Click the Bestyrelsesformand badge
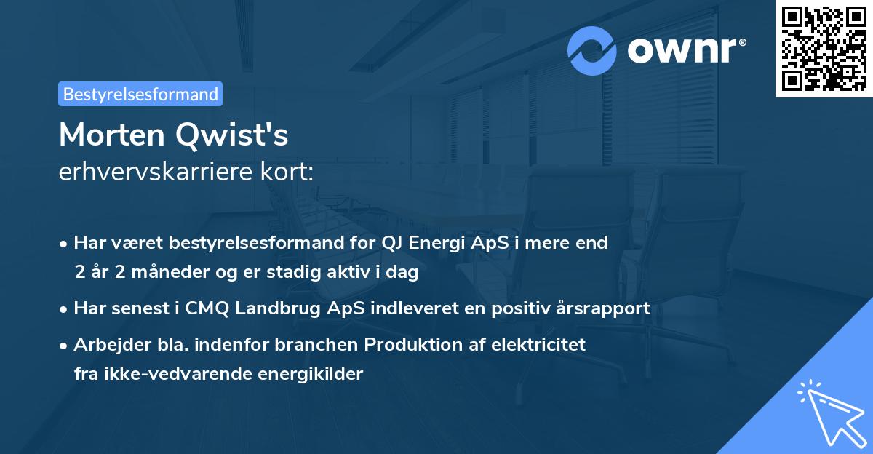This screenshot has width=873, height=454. pos(140,94)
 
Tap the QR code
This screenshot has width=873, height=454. pos(823,48)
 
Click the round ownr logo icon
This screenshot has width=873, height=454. pos(592,51)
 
